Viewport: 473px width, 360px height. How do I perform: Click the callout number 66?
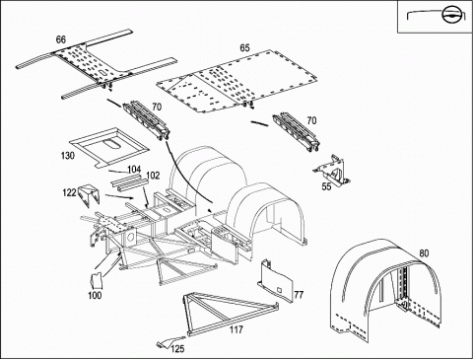tap(61, 39)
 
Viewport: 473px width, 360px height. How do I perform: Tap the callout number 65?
tap(244, 48)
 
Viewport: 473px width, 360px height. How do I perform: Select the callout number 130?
tap(68, 156)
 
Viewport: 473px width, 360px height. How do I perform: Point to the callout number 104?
tap(134, 170)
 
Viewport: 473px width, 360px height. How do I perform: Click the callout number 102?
tap(153, 176)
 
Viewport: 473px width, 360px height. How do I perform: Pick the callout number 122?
tap(69, 192)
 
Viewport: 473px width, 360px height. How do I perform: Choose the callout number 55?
tap(326, 186)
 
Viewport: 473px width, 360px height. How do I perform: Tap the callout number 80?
tap(424, 253)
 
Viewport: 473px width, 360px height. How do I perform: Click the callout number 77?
tap(299, 295)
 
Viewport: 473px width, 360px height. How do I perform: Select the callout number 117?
tap(236, 329)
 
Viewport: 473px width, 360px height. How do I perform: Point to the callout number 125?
tap(177, 349)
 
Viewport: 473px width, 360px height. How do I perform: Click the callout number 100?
tap(95, 295)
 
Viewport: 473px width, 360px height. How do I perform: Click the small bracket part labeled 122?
tap(89, 195)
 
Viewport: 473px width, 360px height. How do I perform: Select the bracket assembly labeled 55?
tap(332, 170)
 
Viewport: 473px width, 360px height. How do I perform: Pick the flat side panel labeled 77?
tap(275, 281)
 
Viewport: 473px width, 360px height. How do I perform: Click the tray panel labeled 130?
tap(108, 147)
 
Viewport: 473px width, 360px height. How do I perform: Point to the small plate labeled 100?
tap(96, 281)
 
